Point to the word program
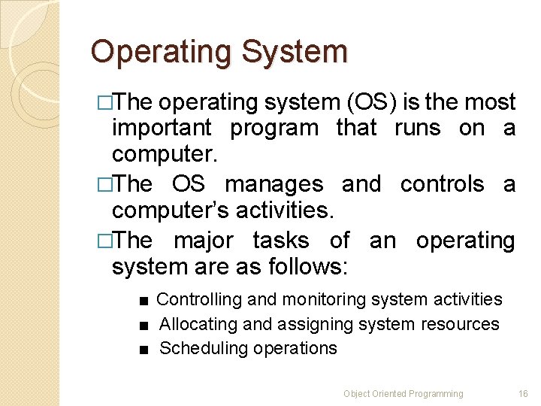point(274,129)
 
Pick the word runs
point(419,129)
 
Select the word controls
point(443,184)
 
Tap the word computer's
point(165,211)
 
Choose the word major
point(204,241)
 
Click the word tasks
point(281,241)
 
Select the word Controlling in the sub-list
point(199,300)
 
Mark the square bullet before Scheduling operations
point(142,350)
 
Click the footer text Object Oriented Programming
point(403,394)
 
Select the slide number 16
point(523,394)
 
